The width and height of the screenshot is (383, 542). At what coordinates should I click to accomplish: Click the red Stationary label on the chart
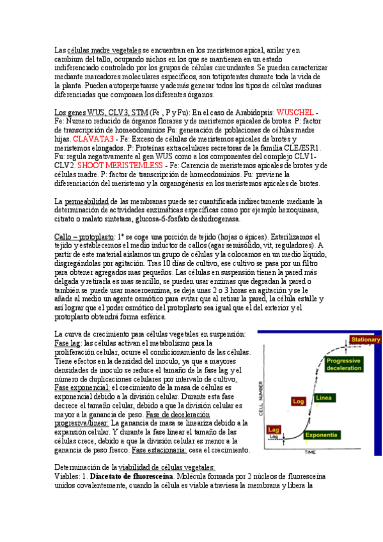[x=365, y=339]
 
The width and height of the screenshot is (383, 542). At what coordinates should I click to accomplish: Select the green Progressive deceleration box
[x=345, y=365]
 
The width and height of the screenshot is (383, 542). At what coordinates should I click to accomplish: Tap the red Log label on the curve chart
[x=298, y=401]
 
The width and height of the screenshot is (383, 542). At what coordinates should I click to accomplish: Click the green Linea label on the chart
[x=323, y=398]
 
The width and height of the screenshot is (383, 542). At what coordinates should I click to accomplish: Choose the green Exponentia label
[x=325, y=435]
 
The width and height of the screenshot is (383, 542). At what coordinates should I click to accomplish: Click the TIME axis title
[x=309, y=452]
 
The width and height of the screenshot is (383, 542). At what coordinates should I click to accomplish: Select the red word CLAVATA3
[x=93, y=139]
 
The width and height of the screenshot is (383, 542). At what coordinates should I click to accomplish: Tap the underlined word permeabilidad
[x=90, y=201]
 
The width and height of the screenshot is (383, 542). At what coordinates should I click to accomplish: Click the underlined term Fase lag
[x=68, y=343]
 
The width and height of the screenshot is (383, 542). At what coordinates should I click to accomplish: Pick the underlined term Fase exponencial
[x=82, y=387]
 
